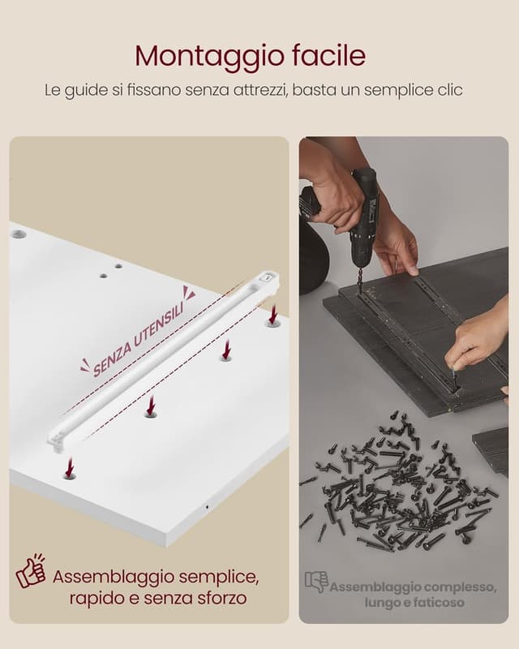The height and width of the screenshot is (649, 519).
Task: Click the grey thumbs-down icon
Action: click(316, 582)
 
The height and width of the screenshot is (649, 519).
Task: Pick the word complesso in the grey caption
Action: click(461, 587)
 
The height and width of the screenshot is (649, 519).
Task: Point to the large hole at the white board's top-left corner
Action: click(18, 234)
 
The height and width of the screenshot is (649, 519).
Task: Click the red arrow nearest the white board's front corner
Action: click(70, 466)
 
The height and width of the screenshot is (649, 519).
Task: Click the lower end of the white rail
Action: click(58, 441)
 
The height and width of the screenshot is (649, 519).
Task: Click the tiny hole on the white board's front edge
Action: click(207, 506)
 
